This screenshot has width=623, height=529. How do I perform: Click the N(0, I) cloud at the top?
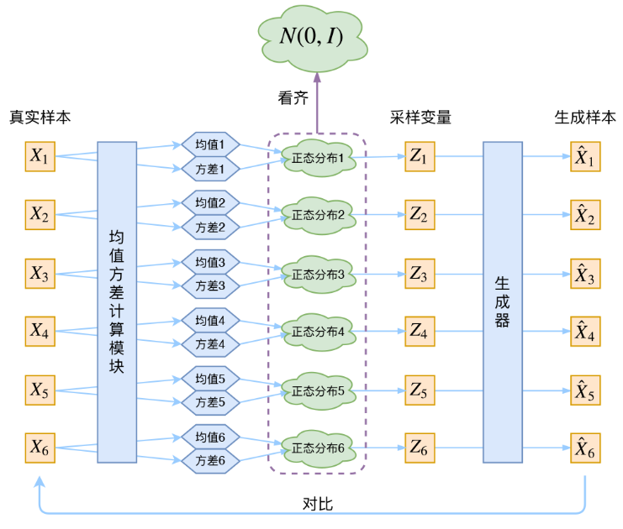(313, 38)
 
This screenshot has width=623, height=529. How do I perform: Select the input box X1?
(40, 156)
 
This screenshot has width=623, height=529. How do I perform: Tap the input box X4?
(40, 332)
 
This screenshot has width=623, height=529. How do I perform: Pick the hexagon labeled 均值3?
(210, 262)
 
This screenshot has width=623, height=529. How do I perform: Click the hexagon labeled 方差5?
(210, 402)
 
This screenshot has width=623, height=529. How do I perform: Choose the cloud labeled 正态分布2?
(319, 216)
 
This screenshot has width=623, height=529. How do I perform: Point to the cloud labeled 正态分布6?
(319, 448)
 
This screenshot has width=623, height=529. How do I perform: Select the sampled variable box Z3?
(420, 274)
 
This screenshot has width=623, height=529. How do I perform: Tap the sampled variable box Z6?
(420, 448)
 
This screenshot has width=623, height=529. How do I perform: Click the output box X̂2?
(585, 215)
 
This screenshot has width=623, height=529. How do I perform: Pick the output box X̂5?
(585, 390)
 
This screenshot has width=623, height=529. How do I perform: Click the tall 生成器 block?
(503, 302)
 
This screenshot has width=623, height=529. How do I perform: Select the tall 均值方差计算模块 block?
(117, 302)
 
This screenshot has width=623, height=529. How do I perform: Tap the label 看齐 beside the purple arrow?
(293, 98)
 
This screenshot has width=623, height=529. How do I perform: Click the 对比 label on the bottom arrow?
(318, 504)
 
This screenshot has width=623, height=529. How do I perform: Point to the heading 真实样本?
(40, 117)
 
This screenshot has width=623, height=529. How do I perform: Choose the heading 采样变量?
(420, 118)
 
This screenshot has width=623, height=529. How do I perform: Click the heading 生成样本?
(585, 118)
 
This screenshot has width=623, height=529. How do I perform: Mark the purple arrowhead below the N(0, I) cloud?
(317, 77)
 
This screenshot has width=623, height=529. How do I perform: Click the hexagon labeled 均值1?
(210, 144)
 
